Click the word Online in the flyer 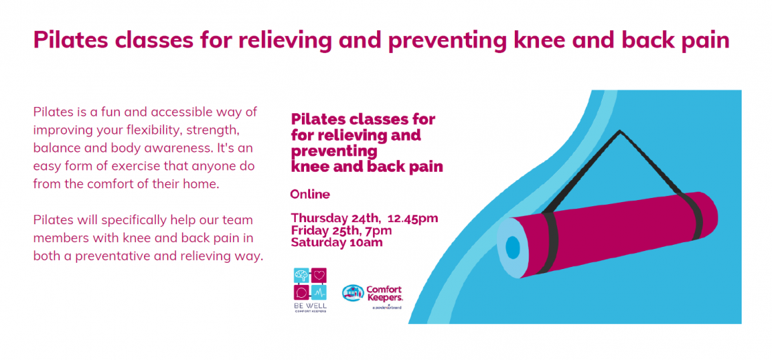[x=310, y=194]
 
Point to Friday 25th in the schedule [x=325, y=230]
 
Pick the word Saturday [x=316, y=242]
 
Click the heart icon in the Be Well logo [x=319, y=275]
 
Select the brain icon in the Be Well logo [x=301, y=275]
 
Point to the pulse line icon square [x=319, y=292]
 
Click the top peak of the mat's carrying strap [x=620, y=131]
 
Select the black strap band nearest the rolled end [x=551, y=243]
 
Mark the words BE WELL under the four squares [x=310, y=306]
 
